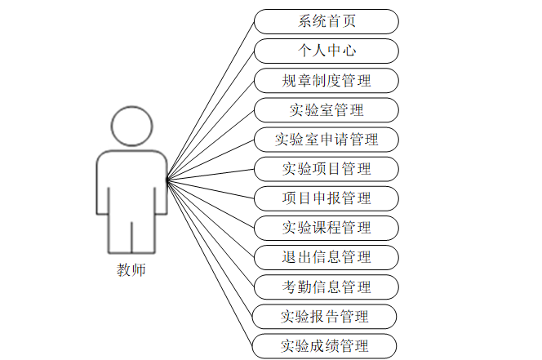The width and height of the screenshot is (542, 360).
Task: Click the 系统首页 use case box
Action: tap(326, 21)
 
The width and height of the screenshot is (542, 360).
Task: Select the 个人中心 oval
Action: tap(326, 51)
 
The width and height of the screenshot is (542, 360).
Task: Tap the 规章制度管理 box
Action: tap(326, 81)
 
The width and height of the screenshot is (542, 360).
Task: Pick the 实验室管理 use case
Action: tap(326, 110)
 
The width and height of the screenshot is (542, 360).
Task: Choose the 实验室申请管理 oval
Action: tap(326, 140)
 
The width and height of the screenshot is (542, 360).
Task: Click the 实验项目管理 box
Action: tap(326, 169)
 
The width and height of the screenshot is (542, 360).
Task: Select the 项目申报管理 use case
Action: tap(326, 198)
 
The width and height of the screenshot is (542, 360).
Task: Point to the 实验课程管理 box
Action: tap(326, 228)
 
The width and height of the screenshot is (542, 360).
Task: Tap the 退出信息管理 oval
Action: tap(326, 257)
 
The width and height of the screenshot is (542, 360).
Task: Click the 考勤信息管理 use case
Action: tap(326, 287)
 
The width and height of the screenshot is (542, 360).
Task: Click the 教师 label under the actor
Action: tap(131, 269)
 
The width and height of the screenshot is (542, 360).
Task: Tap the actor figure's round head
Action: tap(131, 127)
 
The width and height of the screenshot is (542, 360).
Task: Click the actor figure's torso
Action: tap(131, 184)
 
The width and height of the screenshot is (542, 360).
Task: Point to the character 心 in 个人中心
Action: tap(349, 51)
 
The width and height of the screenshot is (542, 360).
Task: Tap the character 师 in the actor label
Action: tap(138, 269)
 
